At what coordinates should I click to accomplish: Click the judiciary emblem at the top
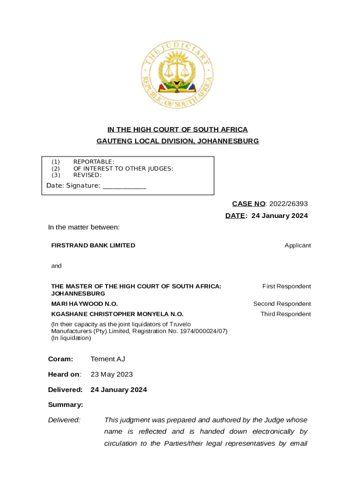pyautogui.click(x=177, y=75)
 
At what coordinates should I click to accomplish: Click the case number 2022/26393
pyautogui.click(x=288, y=203)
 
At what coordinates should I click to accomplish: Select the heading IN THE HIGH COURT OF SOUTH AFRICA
pyautogui.click(x=177, y=130)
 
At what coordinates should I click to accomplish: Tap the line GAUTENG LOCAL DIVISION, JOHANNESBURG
pyautogui.click(x=177, y=141)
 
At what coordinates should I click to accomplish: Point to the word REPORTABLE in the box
pyautogui.click(x=94, y=162)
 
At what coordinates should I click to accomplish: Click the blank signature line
pyautogui.click(x=124, y=186)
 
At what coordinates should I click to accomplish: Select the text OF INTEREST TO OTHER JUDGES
pyautogui.click(x=123, y=168)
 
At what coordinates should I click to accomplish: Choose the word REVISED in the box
pyautogui.click(x=87, y=175)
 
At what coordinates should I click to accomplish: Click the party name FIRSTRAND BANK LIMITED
pyautogui.click(x=93, y=245)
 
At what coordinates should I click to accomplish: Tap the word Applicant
pyautogui.click(x=297, y=245)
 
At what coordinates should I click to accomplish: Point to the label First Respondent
pyautogui.click(x=287, y=286)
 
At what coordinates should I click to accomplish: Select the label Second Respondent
pyautogui.click(x=282, y=304)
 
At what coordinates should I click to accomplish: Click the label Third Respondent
pyautogui.click(x=286, y=314)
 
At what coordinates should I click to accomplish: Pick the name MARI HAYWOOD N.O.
pyautogui.click(x=84, y=304)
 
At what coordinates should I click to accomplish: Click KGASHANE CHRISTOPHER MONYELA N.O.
pyautogui.click(x=117, y=314)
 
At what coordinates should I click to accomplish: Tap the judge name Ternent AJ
pyautogui.click(x=108, y=359)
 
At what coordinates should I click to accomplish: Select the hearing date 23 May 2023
pyautogui.click(x=111, y=374)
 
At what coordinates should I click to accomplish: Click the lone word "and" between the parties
pyautogui.click(x=56, y=266)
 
